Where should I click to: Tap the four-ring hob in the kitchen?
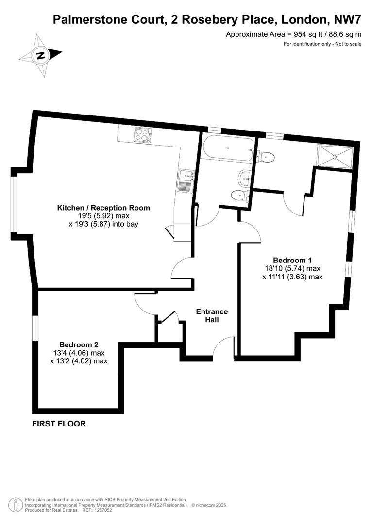[143, 134]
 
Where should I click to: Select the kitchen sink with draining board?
[185, 180]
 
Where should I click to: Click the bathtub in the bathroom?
[228, 147]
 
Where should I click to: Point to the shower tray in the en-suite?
[336, 156]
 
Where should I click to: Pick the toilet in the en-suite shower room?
[267, 157]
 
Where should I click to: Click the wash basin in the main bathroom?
[245, 178]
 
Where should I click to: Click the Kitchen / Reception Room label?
[103, 208]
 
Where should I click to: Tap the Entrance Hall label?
[211, 315]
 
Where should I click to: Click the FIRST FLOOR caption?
[59, 424]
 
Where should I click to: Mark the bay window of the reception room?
[14, 204]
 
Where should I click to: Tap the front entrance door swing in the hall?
[224, 347]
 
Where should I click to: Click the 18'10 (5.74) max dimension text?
[292, 268]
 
